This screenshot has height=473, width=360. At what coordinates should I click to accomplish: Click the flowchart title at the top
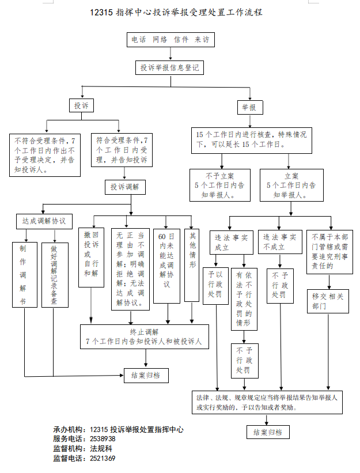pyautogui.click(x=176, y=12)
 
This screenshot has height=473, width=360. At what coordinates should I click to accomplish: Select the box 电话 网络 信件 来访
pyautogui.click(x=170, y=40)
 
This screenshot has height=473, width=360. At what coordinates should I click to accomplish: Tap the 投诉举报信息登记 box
pyautogui.click(x=170, y=68)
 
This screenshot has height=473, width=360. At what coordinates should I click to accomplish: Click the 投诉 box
pyautogui.click(x=81, y=106)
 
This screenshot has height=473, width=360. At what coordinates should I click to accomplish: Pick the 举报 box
pyautogui.click(x=249, y=107)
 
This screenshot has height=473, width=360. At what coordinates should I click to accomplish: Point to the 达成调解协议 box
pyautogui.click(x=43, y=221)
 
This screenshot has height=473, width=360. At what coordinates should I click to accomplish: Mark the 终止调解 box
pyautogui.click(x=144, y=336)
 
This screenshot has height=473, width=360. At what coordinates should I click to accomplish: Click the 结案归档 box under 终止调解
pyautogui.click(x=146, y=376)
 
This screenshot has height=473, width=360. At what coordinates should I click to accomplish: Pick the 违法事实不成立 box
pyautogui.click(x=279, y=242)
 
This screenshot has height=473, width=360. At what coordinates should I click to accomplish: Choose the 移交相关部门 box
pyautogui.click(x=328, y=301)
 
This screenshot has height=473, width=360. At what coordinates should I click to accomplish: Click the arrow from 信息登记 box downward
pyautogui.click(x=170, y=81)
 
